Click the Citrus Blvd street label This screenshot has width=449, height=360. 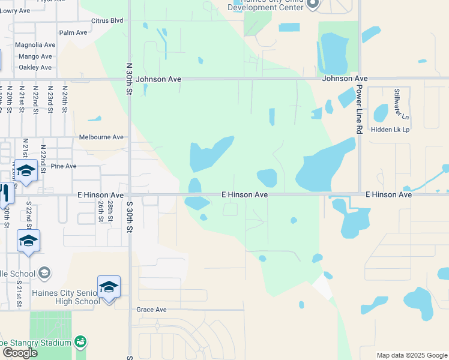click(x=107, y=20)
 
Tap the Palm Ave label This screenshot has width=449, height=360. click(x=74, y=32)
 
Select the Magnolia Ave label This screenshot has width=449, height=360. click(x=35, y=45)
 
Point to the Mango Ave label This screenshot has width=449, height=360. click(x=35, y=56)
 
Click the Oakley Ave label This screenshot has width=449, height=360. click(x=35, y=67)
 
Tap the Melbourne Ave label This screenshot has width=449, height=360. click(x=101, y=137)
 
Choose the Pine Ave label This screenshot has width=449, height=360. click(x=64, y=166)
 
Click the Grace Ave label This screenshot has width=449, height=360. click(x=151, y=310)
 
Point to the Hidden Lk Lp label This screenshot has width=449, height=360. click(x=390, y=129)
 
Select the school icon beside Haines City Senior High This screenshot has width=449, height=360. click(x=109, y=287)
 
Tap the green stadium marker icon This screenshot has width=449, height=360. click(x=80, y=342)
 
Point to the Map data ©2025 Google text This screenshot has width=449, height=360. click(x=411, y=355)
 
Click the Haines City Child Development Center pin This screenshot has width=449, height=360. click(x=312, y=5)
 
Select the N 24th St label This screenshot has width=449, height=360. click(x=65, y=100)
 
